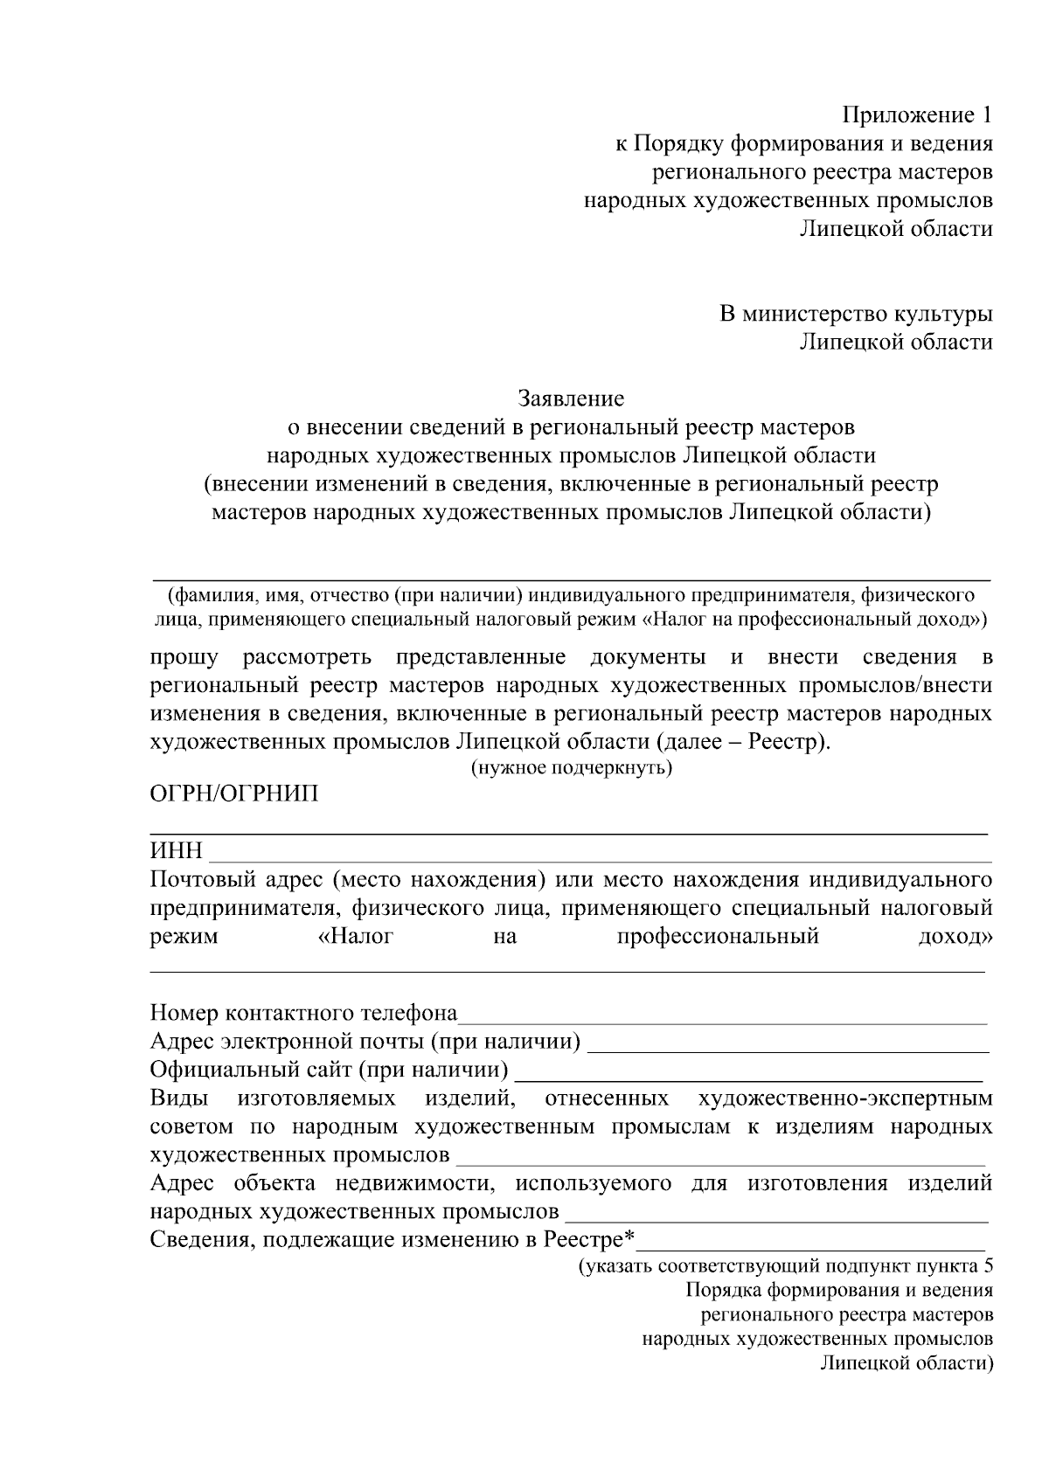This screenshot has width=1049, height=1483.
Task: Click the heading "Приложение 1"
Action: pos(917,115)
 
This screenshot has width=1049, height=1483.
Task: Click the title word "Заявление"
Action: pos(571,399)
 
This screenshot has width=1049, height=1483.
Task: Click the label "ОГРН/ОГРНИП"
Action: pos(234,793)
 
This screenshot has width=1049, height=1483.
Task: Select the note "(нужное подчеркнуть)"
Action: pos(571,768)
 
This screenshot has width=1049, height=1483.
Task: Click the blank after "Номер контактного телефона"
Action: pos(724,1022)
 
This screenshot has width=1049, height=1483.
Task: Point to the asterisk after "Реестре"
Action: pos(629,1238)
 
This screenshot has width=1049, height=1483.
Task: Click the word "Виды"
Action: pos(178,1098)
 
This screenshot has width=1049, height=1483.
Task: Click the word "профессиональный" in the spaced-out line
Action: pos(718,937)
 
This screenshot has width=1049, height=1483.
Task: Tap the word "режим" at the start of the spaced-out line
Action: pos(184,938)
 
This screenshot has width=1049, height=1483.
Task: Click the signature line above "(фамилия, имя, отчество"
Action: pos(571,579)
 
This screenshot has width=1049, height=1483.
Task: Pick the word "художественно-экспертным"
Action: pos(845,1098)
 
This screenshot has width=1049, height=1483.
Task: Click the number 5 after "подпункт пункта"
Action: pos(987,1265)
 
